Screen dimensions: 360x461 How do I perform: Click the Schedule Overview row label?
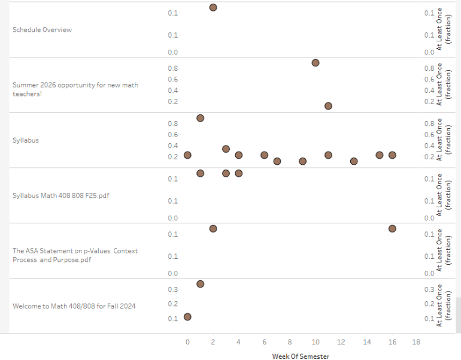42,30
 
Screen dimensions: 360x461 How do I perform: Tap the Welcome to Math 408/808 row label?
74,306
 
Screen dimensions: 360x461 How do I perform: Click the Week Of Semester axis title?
300,356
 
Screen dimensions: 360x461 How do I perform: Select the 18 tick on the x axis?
417,342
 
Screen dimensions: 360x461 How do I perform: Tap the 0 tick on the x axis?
187,342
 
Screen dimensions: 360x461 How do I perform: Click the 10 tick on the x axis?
315,342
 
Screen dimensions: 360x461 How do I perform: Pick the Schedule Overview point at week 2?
213,7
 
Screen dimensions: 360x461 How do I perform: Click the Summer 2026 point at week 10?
316,63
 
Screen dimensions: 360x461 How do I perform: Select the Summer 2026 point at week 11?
328,106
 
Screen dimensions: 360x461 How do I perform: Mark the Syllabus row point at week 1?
200,118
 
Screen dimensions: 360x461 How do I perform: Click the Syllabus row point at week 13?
354,161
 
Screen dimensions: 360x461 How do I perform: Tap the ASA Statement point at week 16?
392,228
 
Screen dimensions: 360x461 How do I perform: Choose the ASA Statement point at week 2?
213,228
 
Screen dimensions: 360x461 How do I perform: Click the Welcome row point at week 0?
187,317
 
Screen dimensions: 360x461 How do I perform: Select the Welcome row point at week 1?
200,284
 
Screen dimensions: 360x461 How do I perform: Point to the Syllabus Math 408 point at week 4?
238,173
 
